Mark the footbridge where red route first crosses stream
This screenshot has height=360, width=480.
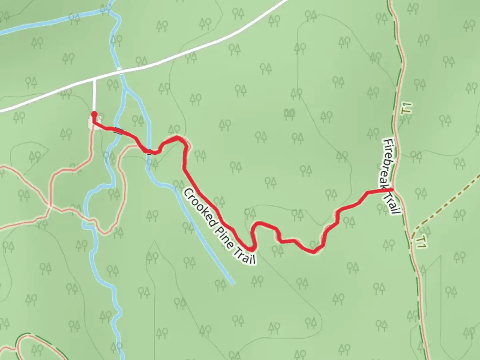pos(118,131)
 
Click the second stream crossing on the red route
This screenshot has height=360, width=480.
pos(149,152)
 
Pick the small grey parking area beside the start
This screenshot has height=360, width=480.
pos(91,121)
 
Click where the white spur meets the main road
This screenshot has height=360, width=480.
pos(94,79)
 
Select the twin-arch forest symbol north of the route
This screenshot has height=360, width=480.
pos(289,114)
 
